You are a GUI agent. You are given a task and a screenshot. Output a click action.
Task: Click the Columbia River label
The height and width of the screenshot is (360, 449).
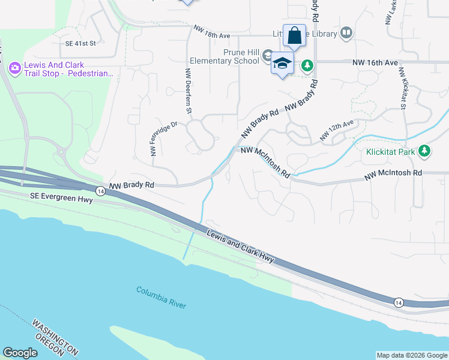pos(161,297)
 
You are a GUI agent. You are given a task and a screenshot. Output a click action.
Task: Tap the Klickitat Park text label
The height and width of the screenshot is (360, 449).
pos(391,152)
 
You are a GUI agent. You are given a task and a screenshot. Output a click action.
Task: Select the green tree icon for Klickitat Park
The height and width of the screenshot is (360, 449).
pos(425,151)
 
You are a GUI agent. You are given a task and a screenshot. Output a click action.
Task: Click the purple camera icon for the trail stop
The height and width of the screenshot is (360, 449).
pos(14,69)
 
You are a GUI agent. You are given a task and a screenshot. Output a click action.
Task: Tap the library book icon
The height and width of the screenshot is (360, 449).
pos(346,34)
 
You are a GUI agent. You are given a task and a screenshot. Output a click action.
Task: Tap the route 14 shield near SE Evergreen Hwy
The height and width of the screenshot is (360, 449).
pos(100,191)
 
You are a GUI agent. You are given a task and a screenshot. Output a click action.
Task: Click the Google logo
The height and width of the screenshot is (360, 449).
pos(20,353)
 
